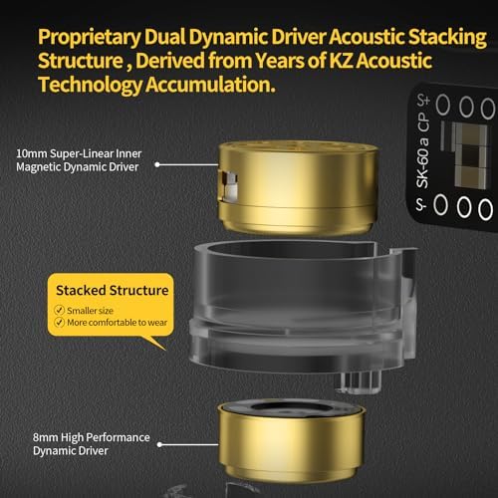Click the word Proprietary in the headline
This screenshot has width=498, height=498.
click(90, 37)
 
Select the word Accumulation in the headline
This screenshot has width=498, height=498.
click(210, 85)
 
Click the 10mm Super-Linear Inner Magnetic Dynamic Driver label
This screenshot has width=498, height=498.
click(79, 160)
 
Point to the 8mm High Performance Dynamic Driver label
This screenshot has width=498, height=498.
click(92, 444)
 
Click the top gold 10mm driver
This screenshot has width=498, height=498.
click(298, 187)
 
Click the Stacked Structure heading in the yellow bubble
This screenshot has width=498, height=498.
click(113, 290)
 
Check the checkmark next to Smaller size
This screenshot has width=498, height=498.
click(59, 310)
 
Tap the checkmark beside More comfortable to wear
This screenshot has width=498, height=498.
click(59, 322)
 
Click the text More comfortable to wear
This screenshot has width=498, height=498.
click(118, 323)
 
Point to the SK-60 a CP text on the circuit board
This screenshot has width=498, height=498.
click(423, 150)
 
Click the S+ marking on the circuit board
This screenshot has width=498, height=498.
click(423, 100)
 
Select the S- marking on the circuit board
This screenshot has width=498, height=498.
click(421, 204)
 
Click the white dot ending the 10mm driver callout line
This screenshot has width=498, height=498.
click(157, 164)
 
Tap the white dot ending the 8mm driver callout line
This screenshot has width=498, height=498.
click(159, 444)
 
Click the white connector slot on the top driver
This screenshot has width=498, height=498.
click(229, 186)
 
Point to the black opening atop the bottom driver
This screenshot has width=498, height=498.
click(291, 409)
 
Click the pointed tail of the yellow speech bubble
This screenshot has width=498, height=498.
click(165, 350)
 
